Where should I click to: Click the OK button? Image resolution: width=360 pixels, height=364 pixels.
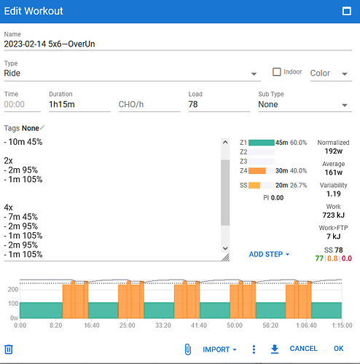[338, 349]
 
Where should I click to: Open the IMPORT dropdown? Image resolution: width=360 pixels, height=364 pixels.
[219, 349]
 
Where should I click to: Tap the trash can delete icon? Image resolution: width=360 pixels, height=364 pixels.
[9, 349]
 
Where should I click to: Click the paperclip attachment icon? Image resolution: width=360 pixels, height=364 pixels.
[188, 349]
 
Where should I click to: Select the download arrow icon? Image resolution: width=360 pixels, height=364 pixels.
[275, 349]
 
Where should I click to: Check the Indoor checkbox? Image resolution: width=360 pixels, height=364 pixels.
[277, 72]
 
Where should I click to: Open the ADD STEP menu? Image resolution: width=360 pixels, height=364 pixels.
[269, 254]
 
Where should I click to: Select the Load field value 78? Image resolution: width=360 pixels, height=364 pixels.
[193, 104]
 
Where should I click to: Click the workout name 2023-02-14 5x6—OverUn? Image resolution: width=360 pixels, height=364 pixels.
[50, 44]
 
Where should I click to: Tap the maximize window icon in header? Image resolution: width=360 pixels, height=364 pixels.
[347, 11]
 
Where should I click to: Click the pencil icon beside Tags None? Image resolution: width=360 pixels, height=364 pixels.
[42, 127]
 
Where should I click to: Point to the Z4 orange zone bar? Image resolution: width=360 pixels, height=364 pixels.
[257, 171]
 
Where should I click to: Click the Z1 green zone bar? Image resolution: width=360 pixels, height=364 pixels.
[262, 143]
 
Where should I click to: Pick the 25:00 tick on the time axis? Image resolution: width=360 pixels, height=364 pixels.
[128, 325]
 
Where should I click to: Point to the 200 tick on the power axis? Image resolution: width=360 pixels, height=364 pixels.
[13, 289]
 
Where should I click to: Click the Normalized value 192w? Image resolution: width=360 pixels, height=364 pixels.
[334, 151]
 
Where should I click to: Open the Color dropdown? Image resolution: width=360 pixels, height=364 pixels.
[331, 73]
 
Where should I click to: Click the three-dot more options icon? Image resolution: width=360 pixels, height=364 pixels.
[254, 349]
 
